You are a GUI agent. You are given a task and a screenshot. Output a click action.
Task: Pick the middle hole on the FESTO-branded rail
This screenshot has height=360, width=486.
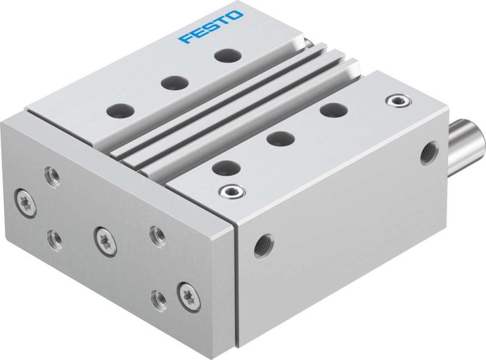(172, 81)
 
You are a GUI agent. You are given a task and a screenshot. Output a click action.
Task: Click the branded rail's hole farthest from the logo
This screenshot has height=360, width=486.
(118, 110)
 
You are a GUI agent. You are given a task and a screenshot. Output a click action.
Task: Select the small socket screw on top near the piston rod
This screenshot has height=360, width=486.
(397, 98)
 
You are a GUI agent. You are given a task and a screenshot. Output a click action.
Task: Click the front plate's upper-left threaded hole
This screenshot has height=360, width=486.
(51, 177)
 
